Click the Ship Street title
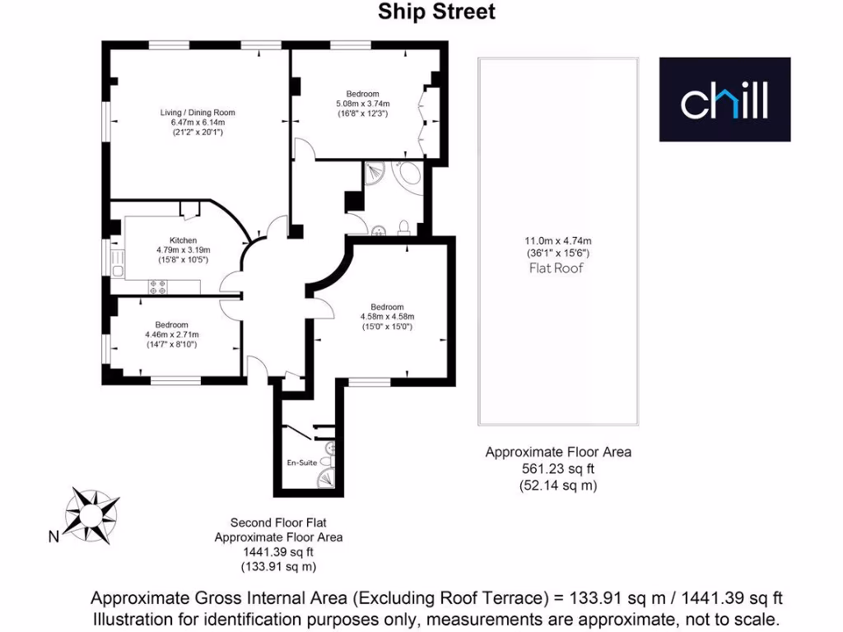[x=436, y=12]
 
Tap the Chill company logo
[x=724, y=100]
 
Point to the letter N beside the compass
[x=53, y=538]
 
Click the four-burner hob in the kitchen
[x=156, y=286]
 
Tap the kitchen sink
[x=119, y=270]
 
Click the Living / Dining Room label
[x=198, y=113]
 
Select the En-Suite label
[x=301, y=462]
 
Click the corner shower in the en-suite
[x=329, y=481]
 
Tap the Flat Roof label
[x=557, y=268]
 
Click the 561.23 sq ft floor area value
[x=558, y=469]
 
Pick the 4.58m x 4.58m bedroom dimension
[x=386, y=317]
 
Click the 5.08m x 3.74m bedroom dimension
[x=362, y=104]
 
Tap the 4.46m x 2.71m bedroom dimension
[x=171, y=335]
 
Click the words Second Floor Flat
[x=278, y=523]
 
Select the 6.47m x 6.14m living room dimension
[x=198, y=123]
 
